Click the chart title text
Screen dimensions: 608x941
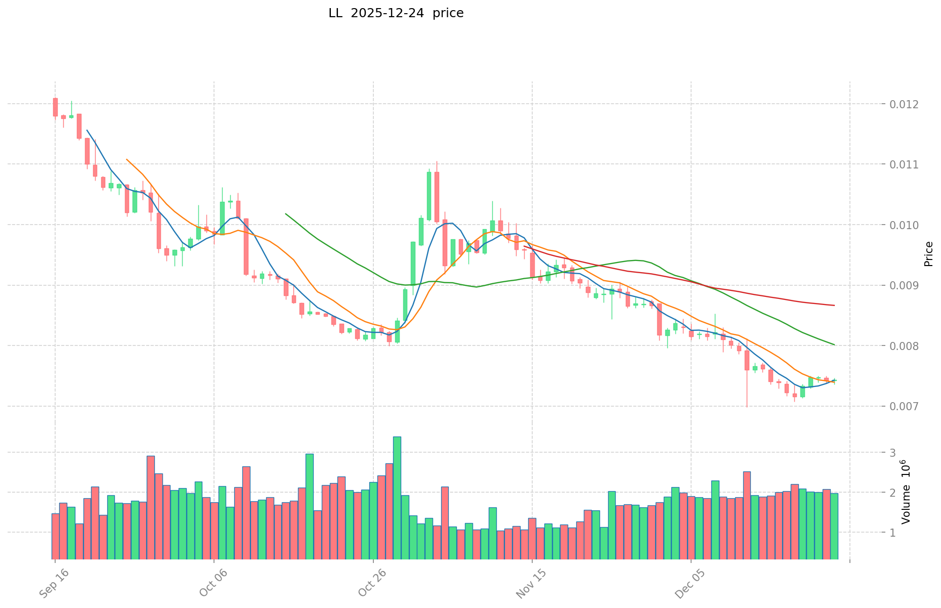[396, 13]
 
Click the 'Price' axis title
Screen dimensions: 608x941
[928, 254]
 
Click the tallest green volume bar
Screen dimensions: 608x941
[397, 498]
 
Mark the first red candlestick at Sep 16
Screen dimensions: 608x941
[55, 107]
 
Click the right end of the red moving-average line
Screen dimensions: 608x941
[834, 306]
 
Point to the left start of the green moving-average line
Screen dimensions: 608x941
[286, 214]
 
